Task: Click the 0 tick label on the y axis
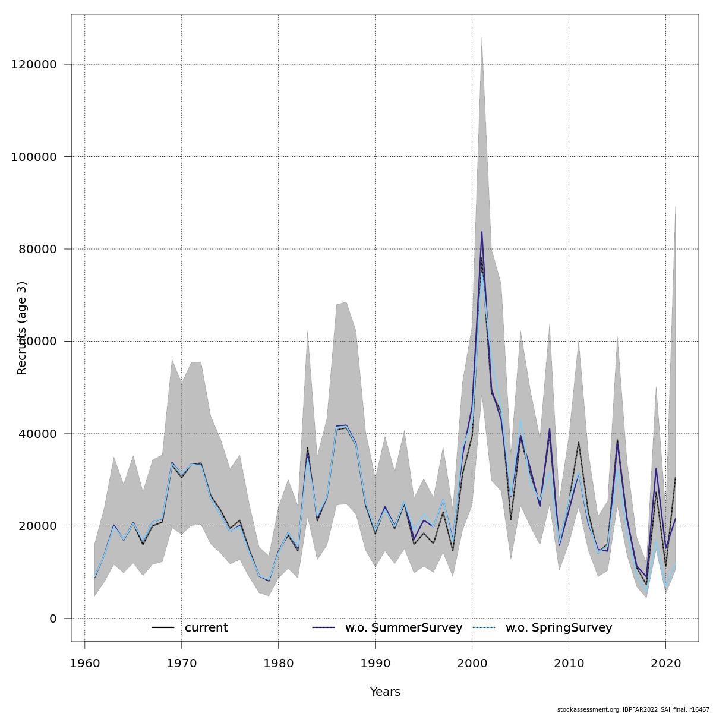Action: [53, 619]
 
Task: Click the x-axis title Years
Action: [385, 692]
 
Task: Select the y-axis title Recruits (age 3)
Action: [22, 328]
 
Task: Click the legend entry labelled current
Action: [206, 628]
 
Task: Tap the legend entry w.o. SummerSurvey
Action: [403, 628]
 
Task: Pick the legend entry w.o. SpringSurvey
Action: [559, 628]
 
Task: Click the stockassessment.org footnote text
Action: [633, 709]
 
